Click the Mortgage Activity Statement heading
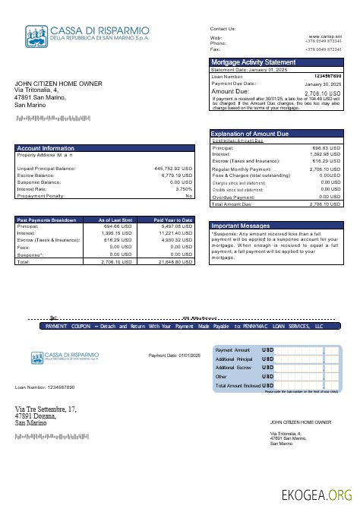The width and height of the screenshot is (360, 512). (253, 62)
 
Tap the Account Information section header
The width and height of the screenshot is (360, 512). (46, 148)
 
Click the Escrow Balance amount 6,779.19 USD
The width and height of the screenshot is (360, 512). (177, 175)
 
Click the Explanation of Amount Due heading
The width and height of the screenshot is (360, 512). (250, 134)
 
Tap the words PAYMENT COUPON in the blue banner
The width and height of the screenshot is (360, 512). (68, 325)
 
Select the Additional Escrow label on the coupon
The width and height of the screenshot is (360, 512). (234, 368)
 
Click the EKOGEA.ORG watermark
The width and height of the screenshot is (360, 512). (317, 495)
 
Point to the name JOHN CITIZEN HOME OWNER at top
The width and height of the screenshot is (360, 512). (58, 84)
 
